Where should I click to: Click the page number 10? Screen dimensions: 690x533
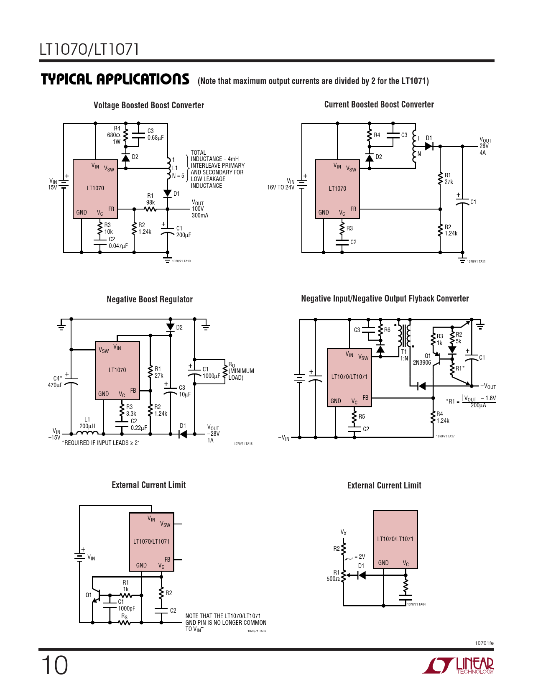(x=54, y=665)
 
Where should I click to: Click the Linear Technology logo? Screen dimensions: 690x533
(x=458, y=665)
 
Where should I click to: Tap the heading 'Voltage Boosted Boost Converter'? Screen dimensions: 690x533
(x=149, y=105)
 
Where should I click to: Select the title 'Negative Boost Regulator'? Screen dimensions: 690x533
(x=150, y=299)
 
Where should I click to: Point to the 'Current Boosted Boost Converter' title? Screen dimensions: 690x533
(x=379, y=105)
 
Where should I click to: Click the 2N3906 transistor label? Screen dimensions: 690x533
(x=422, y=363)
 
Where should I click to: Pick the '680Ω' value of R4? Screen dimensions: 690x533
(x=113, y=135)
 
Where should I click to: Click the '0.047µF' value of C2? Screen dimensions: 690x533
(x=118, y=246)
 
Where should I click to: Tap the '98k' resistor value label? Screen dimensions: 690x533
(x=150, y=202)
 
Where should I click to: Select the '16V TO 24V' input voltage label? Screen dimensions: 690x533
(x=281, y=187)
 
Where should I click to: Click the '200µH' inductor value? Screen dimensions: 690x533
(x=87, y=426)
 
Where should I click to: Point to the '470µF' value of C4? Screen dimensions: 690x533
(x=55, y=385)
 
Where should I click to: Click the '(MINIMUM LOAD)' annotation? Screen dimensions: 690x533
(x=241, y=374)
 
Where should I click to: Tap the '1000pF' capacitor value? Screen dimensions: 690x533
(x=126, y=608)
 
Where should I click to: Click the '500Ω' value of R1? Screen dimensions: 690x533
(x=333, y=579)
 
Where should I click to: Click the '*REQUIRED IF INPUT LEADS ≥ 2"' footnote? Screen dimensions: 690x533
(x=100, y=443)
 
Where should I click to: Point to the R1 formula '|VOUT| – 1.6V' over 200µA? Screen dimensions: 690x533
(x=478, y=401)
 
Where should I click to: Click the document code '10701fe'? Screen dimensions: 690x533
(x=484, y=643)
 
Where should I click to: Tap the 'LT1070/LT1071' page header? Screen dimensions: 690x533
(x=89, y=49)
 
